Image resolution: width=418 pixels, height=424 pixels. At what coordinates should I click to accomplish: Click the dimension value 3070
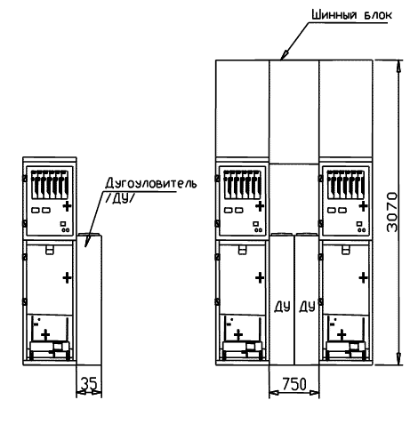point(392,212)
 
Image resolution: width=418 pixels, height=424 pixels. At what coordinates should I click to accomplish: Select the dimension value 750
point(294,384)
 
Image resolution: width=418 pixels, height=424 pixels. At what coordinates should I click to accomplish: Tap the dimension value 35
point(89,384)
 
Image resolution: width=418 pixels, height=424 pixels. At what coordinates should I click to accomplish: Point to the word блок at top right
point(378,15)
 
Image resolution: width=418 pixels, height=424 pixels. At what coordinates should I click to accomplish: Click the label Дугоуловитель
point(150,183)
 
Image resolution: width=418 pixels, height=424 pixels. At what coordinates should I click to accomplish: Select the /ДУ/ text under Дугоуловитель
point(118,199)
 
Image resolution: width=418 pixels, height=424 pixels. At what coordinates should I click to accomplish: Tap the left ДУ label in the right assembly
point(282,307)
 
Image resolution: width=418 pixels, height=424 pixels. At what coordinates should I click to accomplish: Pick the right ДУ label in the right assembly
point(307,307)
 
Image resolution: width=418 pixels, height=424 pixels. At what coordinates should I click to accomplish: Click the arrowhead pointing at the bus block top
point(285,54)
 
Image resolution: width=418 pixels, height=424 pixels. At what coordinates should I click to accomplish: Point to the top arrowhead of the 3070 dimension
point(399,66)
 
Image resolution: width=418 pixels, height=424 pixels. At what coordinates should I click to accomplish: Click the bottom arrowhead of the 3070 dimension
point(399,359)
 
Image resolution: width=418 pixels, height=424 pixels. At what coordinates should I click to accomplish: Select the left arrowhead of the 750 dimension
point(275,393)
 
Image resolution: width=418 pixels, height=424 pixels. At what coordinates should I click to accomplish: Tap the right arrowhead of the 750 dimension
point(314,393)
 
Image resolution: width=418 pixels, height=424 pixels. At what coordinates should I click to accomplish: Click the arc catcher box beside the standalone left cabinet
point(89,300)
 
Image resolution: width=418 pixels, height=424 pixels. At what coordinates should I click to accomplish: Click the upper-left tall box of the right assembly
point(243,108)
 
